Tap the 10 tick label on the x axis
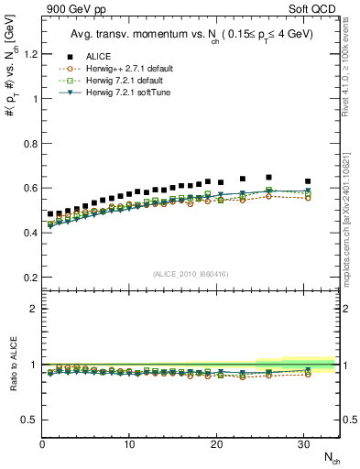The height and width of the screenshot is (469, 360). tap(129, 444)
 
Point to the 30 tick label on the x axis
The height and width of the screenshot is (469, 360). tap(303, 444)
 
